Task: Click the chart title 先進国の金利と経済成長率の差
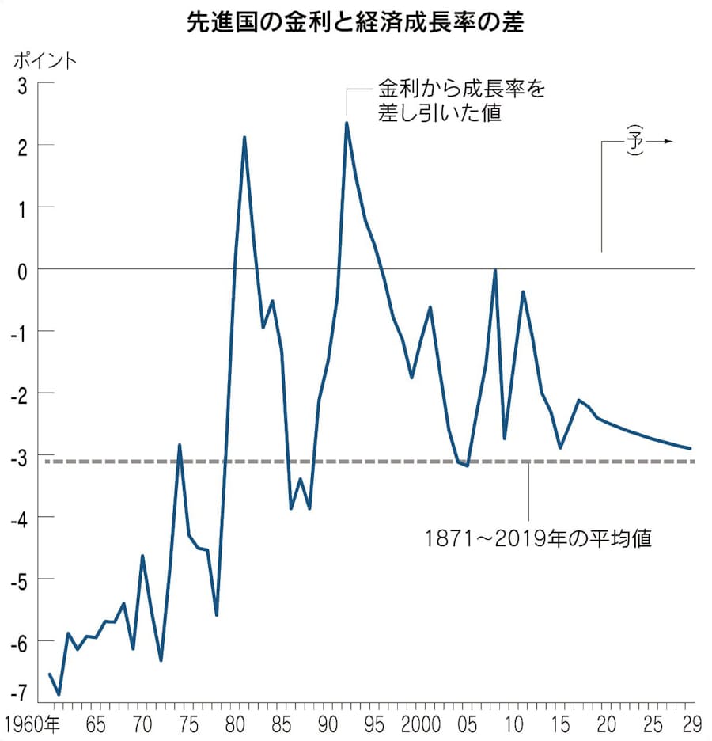click(356, 22)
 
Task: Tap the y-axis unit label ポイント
click(45, 61)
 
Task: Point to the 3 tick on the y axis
click(21, 83)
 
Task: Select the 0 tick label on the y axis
click(21, 269)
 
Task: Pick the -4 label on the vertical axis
click(17, 517)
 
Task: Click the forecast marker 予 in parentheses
click(634, 141)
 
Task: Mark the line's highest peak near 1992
click(347, 123)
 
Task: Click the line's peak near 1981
click(244, 138)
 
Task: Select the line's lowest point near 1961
click(59, 694)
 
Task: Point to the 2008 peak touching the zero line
click(495, 271)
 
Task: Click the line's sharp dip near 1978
click(217, 615)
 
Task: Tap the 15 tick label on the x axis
click(559, 724)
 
